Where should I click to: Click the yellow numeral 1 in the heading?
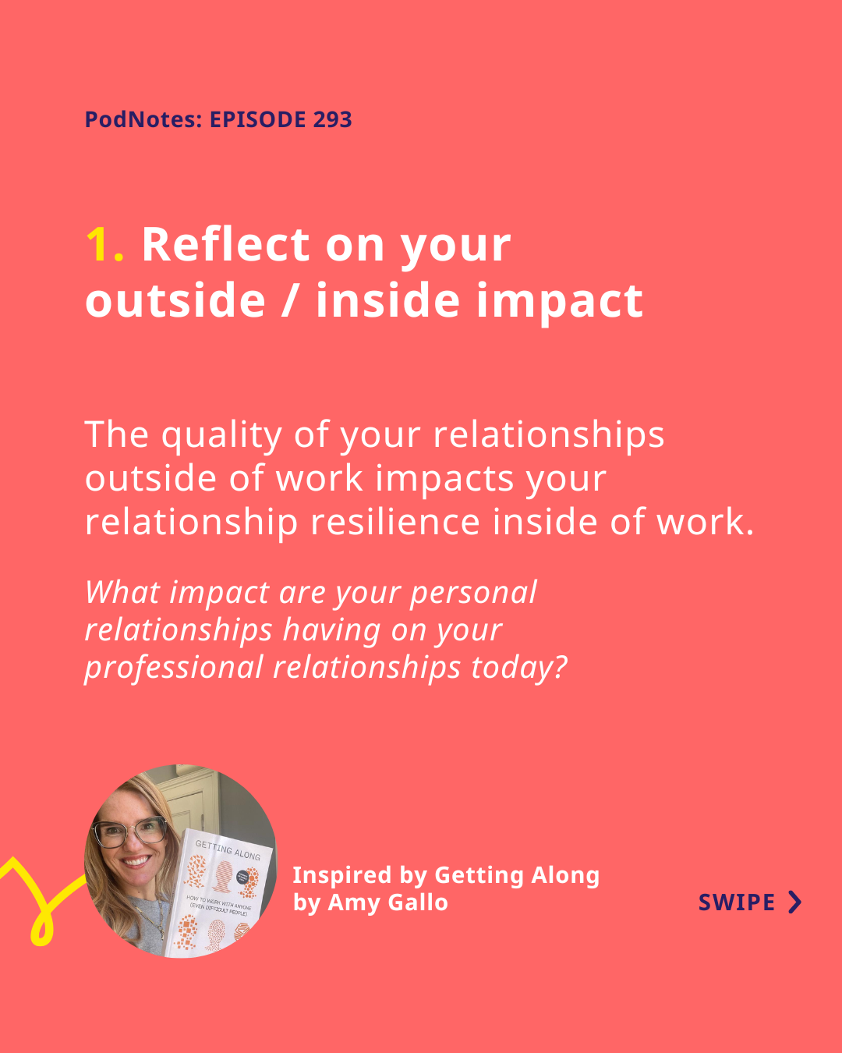[104, 245]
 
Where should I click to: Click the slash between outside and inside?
[291, 300]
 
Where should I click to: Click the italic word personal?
[473, 594]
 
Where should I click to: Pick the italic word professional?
[175, 668]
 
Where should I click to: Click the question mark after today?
[560, 666]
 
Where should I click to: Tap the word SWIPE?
[736, 902]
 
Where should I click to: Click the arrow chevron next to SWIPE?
[795, 902]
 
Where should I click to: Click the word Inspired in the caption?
[342, 875]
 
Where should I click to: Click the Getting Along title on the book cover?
[228, 850]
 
